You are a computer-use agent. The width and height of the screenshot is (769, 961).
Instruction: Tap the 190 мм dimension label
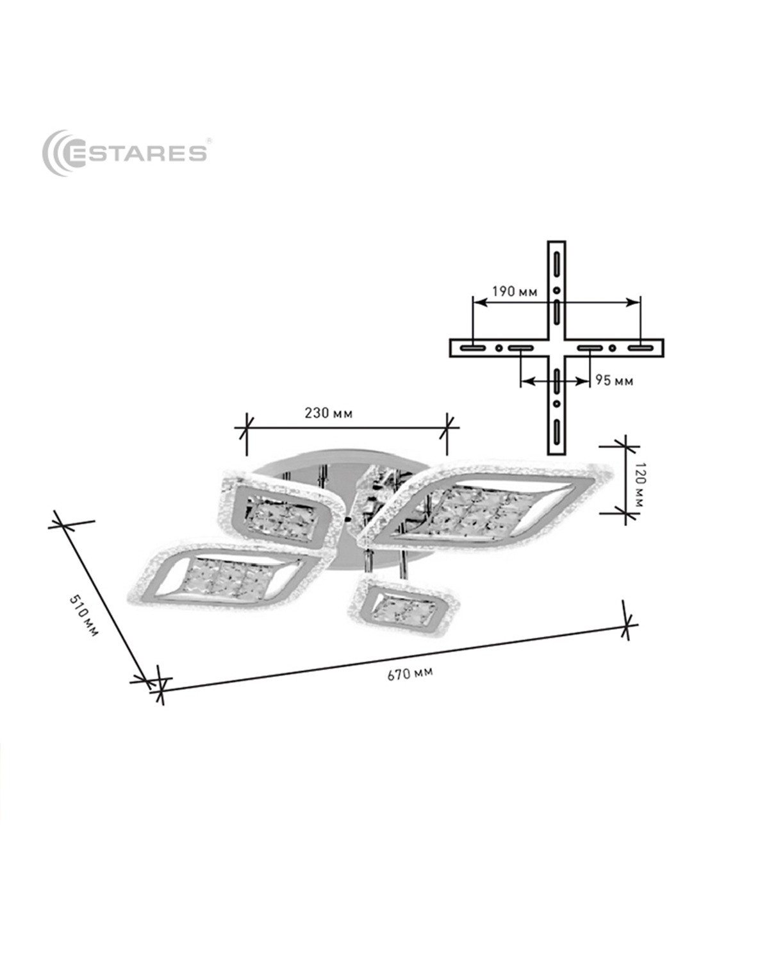click(x=515, y=292)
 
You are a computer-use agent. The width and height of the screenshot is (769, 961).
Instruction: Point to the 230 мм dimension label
click(x=328, y=413)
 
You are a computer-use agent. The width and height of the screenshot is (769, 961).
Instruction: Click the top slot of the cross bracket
click(x=556, y=265)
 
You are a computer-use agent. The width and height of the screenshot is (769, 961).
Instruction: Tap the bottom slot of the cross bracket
click(x=556, y=431)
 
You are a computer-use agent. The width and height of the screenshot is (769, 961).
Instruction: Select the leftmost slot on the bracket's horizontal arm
click(x=473, y=348)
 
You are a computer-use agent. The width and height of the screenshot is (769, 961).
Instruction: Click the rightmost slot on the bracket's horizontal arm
click(x=640, y=348)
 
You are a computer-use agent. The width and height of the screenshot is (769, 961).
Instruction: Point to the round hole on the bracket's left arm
click(x=499, y=348)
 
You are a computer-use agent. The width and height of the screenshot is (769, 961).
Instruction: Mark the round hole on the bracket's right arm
click(x=612, y=348)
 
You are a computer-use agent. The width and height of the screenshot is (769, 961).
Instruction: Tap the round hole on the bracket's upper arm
click(x=556, y=291)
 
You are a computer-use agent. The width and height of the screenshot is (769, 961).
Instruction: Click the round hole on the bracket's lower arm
click(x=556, y=404)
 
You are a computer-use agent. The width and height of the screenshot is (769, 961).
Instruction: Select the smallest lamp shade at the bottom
click(x=399, y=605)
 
